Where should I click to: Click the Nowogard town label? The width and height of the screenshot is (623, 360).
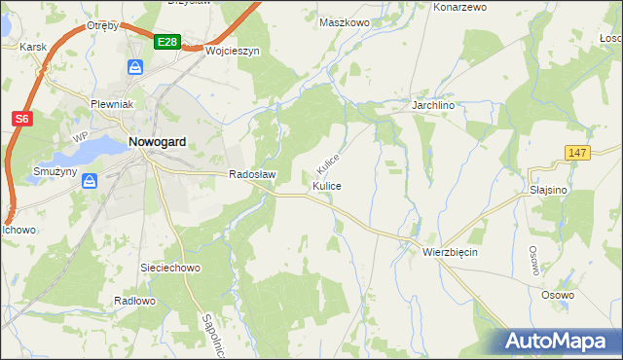(x=158, y=142)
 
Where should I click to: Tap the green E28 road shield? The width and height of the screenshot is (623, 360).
(x=166, y=41)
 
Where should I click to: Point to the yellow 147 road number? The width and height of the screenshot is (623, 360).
(x=577, y=153)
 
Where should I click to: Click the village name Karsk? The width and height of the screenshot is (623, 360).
(x=32, y=46)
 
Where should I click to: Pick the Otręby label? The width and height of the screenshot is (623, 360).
(x=102, y=25)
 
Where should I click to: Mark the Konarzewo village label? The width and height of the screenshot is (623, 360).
(x=459, y=7)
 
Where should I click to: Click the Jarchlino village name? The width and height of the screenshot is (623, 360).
(x=434, y=104)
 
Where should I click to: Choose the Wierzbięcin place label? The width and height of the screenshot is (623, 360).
(x=451, y=251)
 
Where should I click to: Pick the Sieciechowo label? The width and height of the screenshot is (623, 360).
(x=170, y=267)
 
